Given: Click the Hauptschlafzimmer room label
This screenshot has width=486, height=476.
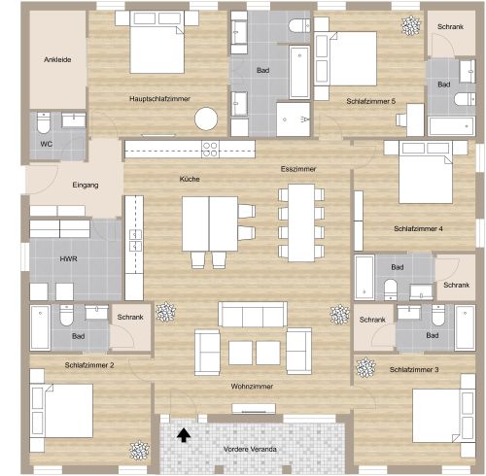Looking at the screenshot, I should (x=159, y=98).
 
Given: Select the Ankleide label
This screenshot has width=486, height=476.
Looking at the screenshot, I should (x=57, y=60).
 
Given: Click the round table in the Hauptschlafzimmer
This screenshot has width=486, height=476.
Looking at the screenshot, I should (x=205, y=119).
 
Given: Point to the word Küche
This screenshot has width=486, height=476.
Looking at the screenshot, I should (x=190, y=179).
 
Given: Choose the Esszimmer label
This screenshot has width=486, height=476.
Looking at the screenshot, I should (x=298, y=169).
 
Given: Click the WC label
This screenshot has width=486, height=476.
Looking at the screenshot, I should (x=46, y=144).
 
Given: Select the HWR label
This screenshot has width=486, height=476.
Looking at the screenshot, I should (x=69, y=259).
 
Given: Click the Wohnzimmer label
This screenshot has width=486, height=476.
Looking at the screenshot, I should (x=252, y=386).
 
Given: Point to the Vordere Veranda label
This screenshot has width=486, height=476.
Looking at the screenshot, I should (x=250, y=449).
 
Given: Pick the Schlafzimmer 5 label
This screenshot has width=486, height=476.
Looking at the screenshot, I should (x=370, y=100).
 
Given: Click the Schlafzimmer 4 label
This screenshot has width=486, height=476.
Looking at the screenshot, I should (x=418, y=229).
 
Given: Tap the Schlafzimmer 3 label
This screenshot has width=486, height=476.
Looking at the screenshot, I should (x=414, y=369).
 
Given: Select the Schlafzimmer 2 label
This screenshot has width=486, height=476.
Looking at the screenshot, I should (x=89, y=365).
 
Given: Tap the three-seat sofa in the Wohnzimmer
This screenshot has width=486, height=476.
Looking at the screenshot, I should (x=252, y=314).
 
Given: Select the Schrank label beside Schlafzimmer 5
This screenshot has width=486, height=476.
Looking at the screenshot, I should (x=450, y=26).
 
